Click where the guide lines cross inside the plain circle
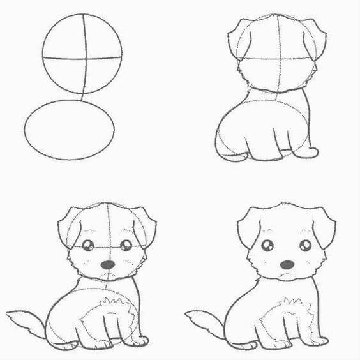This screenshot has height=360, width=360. click(x=84, y=57)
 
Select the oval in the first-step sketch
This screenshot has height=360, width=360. click(x=70, y=129)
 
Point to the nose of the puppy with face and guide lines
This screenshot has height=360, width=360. click(x=109, y=264)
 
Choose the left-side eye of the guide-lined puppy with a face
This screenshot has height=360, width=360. click(x=89, y=244)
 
